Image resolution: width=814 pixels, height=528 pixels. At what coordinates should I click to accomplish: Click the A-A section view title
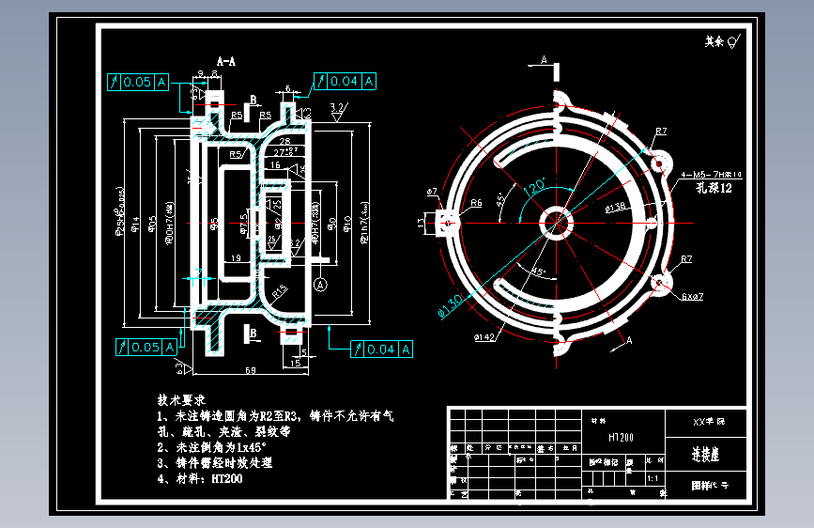[225, 60]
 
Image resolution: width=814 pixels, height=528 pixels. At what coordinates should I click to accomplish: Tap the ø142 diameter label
[485, 335]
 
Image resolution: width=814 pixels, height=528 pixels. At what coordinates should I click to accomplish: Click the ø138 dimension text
[616, 207]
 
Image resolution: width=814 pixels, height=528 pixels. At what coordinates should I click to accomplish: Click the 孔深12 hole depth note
[713, 189]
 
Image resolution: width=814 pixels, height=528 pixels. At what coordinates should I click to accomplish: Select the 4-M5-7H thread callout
[711, 175]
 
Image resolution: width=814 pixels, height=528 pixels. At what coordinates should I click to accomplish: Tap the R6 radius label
[476, 202]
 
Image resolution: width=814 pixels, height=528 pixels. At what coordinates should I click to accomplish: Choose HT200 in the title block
[622, 437]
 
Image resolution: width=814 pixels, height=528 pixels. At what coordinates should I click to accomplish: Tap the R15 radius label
[280, 292]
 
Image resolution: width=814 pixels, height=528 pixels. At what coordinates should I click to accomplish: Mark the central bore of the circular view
[558, 223]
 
